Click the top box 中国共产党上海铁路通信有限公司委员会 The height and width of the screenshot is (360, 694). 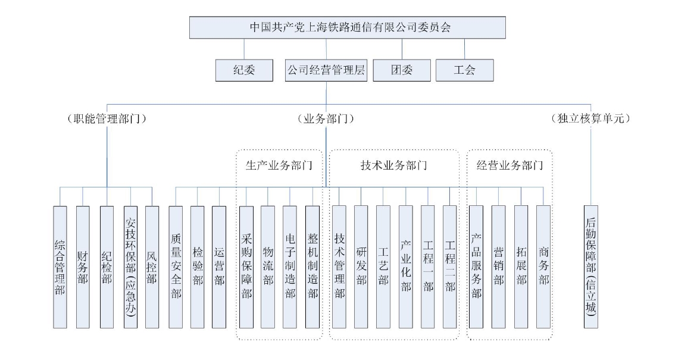click(348, 27)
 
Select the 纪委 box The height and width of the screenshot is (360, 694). click(244, 70)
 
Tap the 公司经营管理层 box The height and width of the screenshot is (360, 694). click(326, 70)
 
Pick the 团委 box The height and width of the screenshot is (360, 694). click(402, 70)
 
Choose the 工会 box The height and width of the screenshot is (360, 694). click(465, 70)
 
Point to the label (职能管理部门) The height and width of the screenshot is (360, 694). click(107, 118)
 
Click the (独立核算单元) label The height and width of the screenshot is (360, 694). click(590, 118)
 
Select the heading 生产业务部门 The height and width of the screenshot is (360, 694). click(279, 165)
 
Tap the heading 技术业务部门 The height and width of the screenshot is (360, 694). click(394, 165)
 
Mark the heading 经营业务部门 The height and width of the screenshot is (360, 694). click(509, 165)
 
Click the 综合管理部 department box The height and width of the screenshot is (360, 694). click(60, 267)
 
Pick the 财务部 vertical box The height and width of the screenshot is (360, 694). click(83, 267)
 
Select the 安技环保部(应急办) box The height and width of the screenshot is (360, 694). click(130, 267)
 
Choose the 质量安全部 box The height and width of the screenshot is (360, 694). click(176, 267)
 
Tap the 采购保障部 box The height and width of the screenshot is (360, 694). click(246, 267)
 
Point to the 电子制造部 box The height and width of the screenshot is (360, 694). click(290, 267)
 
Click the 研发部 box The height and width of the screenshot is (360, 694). click(361, 267)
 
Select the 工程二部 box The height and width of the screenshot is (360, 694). click(450, 267)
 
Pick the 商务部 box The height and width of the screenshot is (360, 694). click(543, 267)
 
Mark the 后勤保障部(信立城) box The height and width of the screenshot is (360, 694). click(591, 267)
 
